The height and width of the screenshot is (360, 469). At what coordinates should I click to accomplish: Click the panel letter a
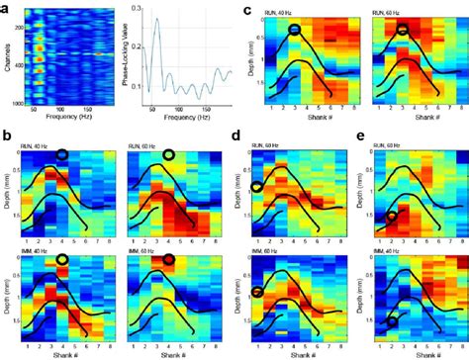coord(7,7)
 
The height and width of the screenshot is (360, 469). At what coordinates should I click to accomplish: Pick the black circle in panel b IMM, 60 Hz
coord(167,260)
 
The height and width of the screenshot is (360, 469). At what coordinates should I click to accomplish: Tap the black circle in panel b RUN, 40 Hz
coord(62,155)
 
